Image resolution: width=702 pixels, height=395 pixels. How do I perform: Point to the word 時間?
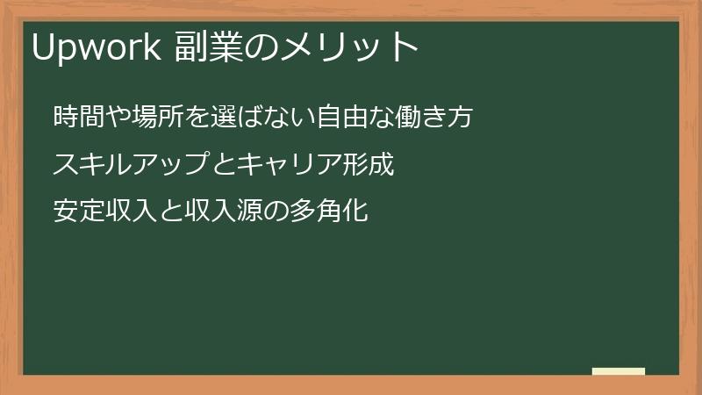[x=78, y=117]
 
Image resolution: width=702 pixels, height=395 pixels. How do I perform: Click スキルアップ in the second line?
[x=130, y=164]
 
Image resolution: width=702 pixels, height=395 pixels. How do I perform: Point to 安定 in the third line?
[x=78, y=212]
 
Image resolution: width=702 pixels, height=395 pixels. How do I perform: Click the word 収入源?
[x=218, y=212]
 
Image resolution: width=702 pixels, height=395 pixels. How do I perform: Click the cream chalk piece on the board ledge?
[x=619, y=371]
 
